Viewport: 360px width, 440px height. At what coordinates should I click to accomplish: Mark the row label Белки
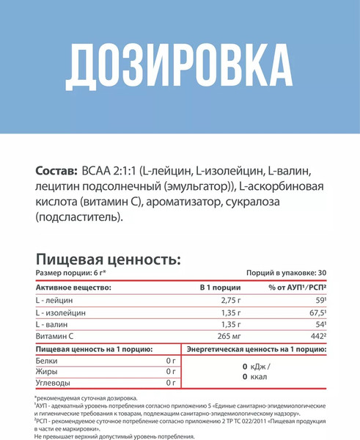(45, 360)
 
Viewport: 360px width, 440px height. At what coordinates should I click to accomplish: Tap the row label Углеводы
(52, 383)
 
